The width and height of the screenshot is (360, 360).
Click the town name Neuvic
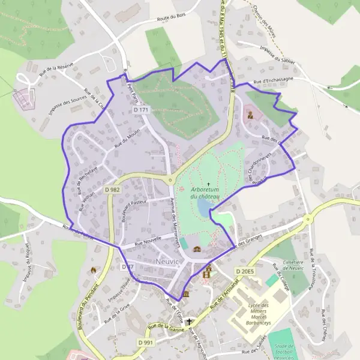[167, 262]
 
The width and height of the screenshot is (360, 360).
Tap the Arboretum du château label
[206, 193]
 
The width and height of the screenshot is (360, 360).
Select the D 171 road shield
[141, 110]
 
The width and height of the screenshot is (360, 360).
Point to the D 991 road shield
[146, 342]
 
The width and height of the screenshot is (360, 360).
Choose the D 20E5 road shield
[245, 272]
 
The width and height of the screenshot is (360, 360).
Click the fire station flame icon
[93, 271]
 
